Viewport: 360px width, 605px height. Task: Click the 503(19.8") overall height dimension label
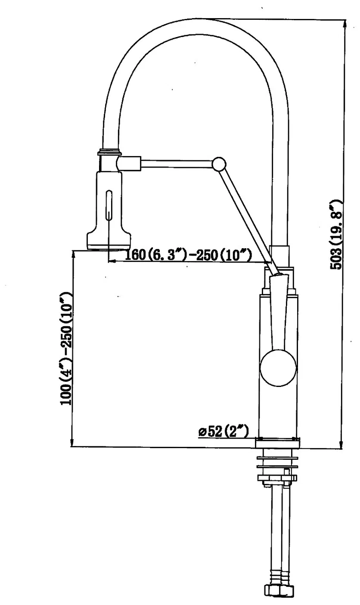[x=336, y=234]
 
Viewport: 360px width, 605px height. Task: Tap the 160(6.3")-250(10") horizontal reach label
[x=188, y=254]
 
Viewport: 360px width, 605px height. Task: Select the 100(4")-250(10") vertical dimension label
[x=66, y=349]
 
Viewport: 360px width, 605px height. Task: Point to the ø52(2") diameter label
[x=223, y=431]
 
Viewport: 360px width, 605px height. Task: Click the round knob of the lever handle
[x=278, y=368]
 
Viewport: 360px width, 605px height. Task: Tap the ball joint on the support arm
[x=219, y=164]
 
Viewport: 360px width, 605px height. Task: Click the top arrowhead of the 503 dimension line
[x=344, y=24]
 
